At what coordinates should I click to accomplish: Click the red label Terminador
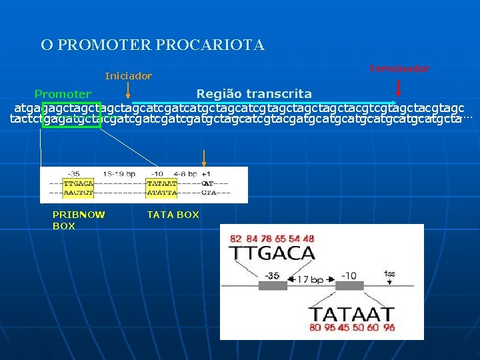[399, 69]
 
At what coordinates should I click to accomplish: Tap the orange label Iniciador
[128, 76]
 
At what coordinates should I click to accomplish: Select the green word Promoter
[63, 95]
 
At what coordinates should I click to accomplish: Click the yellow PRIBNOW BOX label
[79, 220]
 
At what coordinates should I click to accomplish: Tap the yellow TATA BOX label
[173, 215]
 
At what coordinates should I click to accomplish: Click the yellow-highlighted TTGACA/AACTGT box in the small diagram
[78, 187]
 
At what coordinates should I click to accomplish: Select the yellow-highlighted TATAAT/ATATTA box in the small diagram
[161, 187]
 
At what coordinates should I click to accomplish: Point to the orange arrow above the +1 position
[204, 157]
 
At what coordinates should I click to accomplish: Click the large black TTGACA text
[272, 253]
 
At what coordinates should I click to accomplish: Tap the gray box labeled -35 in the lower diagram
[273, 285]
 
